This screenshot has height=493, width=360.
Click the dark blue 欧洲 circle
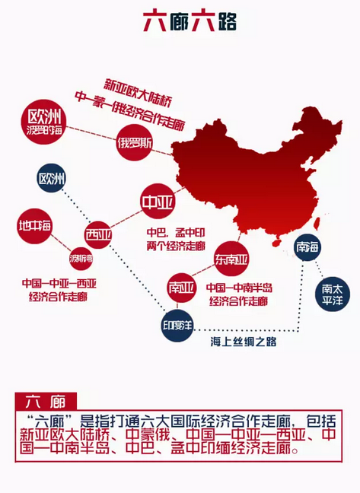pos(53,180)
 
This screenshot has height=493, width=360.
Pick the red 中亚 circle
pos(158,202)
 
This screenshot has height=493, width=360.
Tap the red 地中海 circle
pos(37,226)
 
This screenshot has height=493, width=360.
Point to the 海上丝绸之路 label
pos(243,342)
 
